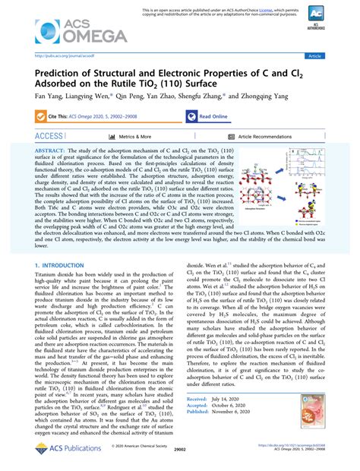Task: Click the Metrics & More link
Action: tap(136, 137)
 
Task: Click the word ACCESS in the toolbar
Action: tap(49, 137)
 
